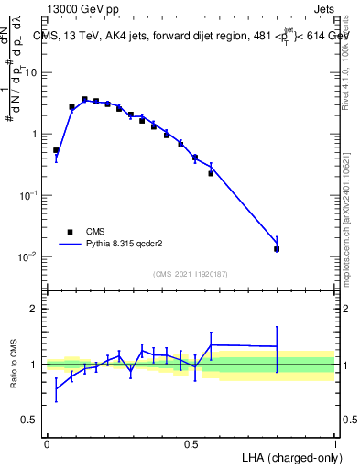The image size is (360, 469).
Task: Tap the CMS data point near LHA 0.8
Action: click(277, 248)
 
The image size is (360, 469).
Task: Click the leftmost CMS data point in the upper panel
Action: click(56, 150)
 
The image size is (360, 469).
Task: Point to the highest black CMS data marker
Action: click(84, 99)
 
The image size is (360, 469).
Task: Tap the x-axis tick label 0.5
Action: click(191, 443)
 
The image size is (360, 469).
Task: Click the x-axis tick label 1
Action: click(334, 443)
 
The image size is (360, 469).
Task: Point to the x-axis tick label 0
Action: click(47, 443)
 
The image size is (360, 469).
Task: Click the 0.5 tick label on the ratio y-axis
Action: click(29, 420)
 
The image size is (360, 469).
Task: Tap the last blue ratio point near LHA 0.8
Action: click(277, 346)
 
